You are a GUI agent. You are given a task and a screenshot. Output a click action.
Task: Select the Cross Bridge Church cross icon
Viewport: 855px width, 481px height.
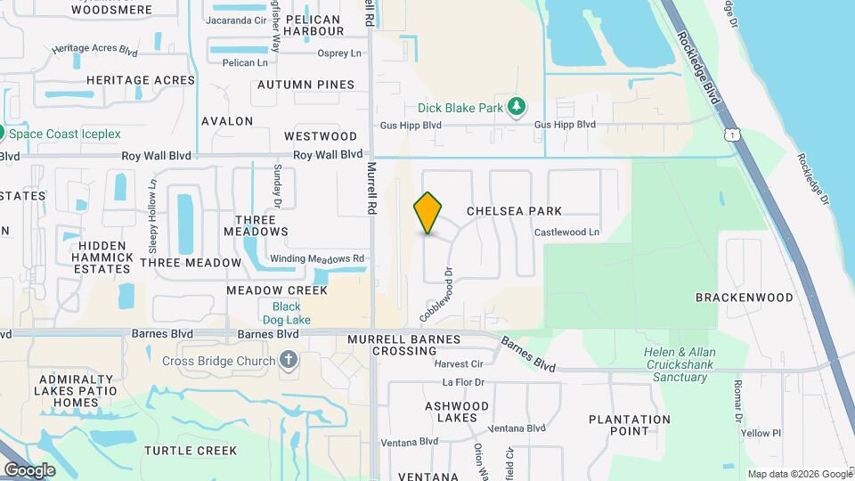288,361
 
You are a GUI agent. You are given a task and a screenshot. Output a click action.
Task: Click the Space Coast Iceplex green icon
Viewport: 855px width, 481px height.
3,134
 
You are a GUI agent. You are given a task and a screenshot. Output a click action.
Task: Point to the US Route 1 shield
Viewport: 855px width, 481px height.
730,134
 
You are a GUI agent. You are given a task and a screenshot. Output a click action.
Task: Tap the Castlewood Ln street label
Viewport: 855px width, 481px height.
567,232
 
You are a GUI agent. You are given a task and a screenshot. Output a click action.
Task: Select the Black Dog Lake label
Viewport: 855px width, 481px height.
281,314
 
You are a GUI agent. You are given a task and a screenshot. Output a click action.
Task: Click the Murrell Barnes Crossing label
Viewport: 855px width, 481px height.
403,346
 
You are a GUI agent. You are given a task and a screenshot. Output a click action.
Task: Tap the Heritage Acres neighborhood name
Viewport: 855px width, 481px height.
141,80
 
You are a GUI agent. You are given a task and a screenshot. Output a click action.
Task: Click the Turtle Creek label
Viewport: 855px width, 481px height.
191,451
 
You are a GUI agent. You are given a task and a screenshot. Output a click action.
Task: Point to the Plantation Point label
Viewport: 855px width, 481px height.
630,425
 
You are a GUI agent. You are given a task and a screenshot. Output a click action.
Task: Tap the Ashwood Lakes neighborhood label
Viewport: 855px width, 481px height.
457,412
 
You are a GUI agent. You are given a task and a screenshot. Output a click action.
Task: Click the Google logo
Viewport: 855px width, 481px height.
29,470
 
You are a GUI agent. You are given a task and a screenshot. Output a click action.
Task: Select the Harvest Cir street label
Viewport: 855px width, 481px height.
458,363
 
